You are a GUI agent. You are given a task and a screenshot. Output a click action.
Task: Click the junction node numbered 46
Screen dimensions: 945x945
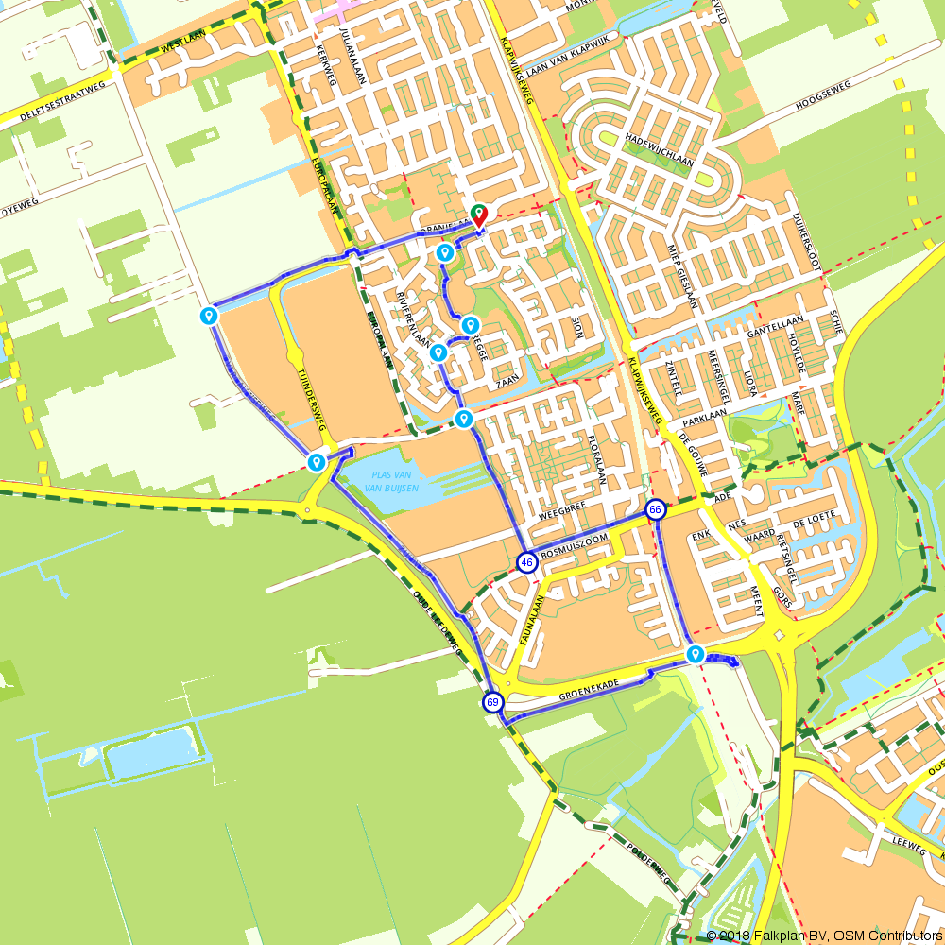click(526, 563)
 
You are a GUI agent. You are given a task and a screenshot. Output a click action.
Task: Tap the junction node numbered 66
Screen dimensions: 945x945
click(655, 510)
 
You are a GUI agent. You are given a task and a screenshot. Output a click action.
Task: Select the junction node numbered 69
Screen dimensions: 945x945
click(492, 702)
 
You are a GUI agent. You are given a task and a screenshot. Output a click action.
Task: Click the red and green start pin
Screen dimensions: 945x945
click(479, 215)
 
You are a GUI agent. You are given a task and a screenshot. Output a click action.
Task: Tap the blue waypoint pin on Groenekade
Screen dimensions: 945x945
click(696, 654)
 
